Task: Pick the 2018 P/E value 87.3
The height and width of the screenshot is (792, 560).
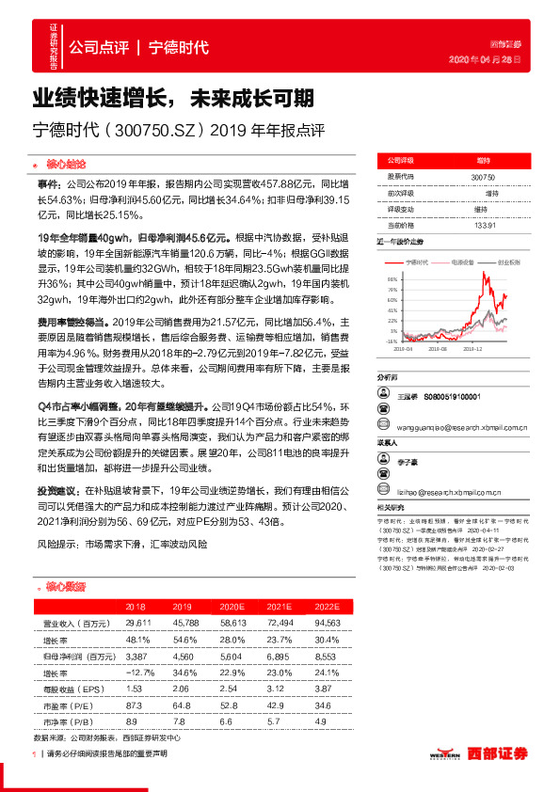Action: coord(134,706)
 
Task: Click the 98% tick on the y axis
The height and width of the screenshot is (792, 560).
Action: coord(390,279)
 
